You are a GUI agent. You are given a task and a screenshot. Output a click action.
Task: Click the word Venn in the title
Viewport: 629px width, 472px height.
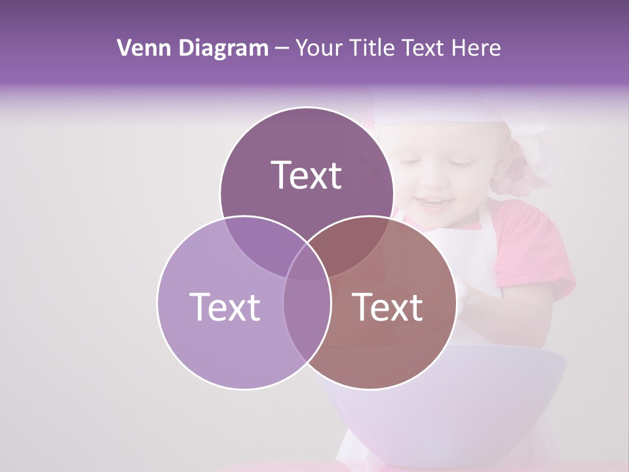coord(140,48)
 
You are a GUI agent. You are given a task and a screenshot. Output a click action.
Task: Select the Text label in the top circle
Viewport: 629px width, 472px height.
coord(307,175)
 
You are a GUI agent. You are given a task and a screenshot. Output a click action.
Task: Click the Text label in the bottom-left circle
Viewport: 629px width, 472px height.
coord(225,307)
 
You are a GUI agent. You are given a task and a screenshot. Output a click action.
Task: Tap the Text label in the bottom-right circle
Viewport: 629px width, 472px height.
coord(388,307)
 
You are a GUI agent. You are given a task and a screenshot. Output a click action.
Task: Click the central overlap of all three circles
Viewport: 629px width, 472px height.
coord(307,262)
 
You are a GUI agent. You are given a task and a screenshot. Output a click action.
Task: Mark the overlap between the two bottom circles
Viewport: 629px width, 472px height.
coord(307,315)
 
